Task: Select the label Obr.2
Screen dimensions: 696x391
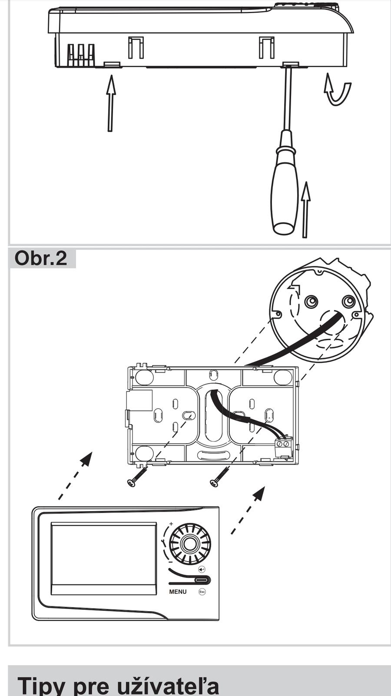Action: pyautogui.click(x=41, y=258)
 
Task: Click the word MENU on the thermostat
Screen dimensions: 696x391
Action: pyautogui.click(x=178, y=592)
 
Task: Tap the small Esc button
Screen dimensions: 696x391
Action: pyautogui.click(x=202, y=592)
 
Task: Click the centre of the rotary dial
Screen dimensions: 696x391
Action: pyautogui.click(x=189, y=543)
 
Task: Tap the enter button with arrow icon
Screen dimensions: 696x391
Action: pyautogui.click(x=202, y=569)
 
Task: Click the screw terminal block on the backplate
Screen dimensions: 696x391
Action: pyautogui.click(x=283, y=448)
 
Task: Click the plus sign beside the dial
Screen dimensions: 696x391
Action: pyautogui.click(x=171, y=524)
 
